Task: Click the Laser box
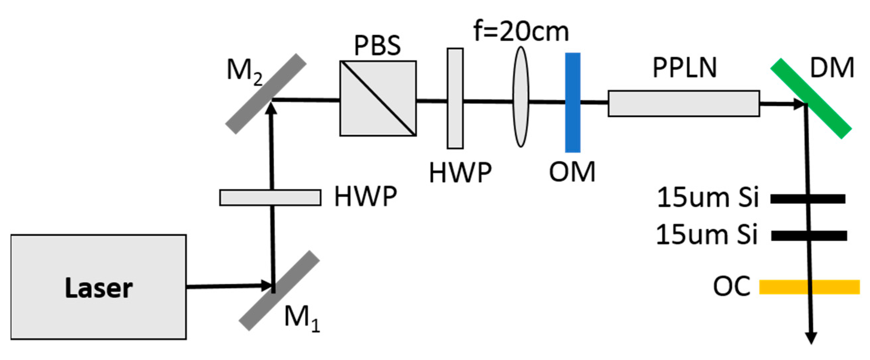tap(98, 287)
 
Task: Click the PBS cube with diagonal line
tap(378, 98)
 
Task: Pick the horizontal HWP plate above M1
tap(270, 198)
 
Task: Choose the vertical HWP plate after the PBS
tap(455, 98)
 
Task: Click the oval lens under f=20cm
tap(521, 97)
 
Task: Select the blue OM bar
tap(573, 102)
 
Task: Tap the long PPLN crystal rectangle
tap(684, 103)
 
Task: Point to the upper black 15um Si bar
tap(808, 199)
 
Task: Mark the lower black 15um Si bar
tap(809, 235)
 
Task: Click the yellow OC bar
tap(809, 287)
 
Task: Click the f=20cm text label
tap(521, 31)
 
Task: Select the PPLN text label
tap(684, 68)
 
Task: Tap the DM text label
tap(831, 68)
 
